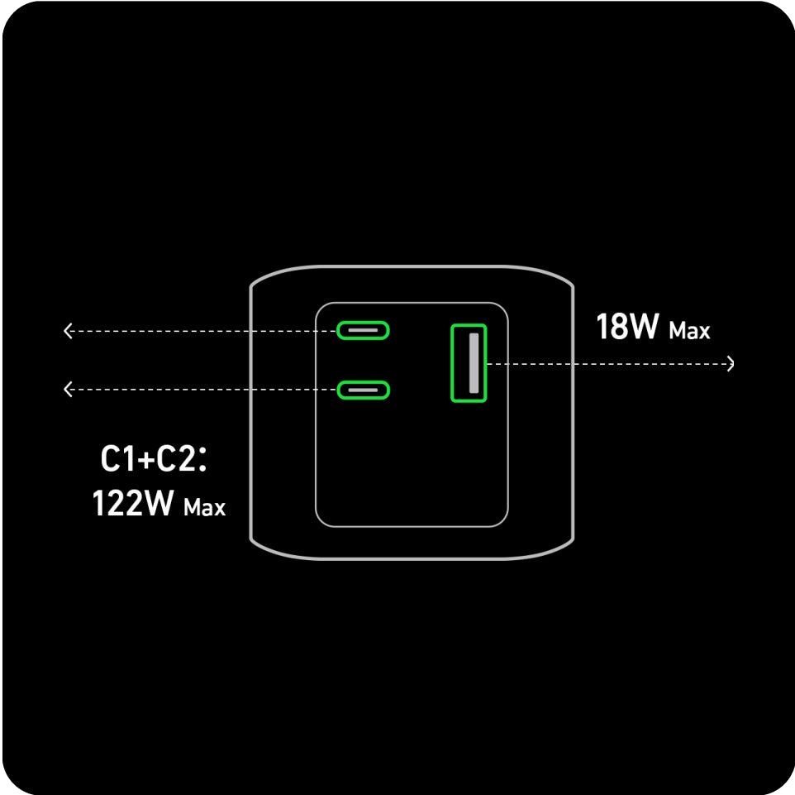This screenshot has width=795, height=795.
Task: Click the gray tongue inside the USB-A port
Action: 474,363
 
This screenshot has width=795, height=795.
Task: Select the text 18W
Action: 628,326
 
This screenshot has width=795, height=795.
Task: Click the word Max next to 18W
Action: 689,331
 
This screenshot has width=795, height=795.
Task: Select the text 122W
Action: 133,503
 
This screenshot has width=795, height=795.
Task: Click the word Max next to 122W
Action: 204,508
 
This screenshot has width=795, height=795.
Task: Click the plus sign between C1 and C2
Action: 146,460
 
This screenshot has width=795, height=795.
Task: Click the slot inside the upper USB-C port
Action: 363,330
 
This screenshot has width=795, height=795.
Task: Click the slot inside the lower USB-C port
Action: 363,390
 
